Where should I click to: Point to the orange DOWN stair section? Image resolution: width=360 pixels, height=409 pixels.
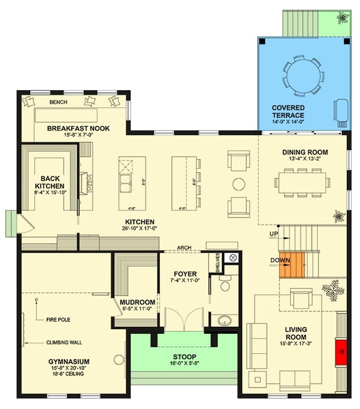click(291, 265)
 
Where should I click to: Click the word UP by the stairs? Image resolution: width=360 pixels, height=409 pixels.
click(274, 234)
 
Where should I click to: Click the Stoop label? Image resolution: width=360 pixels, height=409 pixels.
click(184, 356)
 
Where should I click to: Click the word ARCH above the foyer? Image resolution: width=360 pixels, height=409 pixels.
click(184, 248)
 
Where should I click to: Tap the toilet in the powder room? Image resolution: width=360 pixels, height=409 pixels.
click(226, 283)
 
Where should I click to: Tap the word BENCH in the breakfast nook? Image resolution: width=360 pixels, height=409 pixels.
click(58, 102)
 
